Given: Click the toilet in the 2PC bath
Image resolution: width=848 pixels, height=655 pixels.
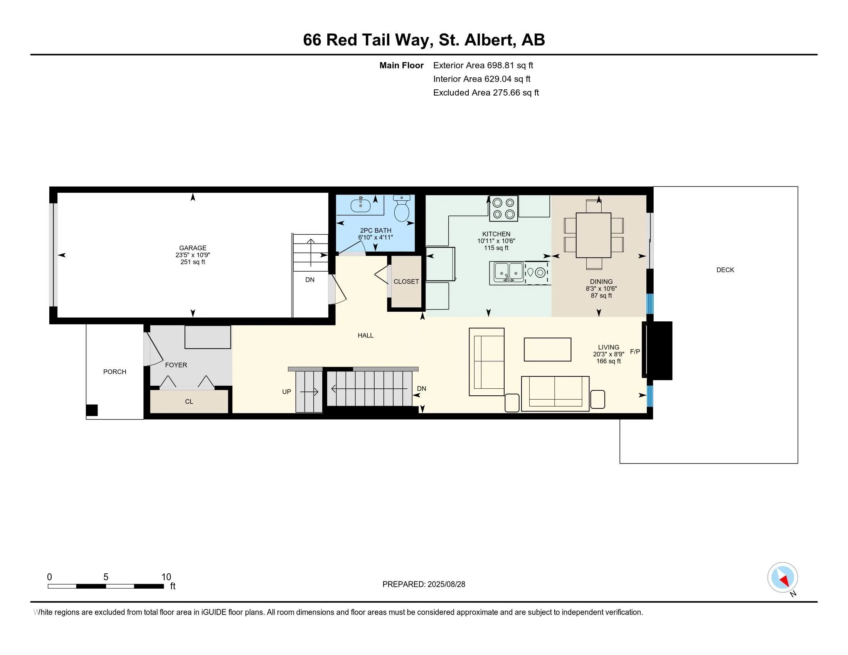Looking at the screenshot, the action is (402, 209).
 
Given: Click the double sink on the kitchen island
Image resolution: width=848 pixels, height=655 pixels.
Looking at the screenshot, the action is (509, 272).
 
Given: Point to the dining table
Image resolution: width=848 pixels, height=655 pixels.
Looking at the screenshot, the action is (593, 235).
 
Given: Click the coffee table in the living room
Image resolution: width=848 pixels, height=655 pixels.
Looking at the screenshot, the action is (547, 349).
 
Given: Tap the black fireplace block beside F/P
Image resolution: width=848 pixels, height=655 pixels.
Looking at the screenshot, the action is (659, 350).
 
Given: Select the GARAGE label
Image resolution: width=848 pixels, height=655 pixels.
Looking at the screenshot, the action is (193, 248).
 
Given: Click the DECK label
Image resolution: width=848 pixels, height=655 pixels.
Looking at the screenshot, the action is (725, 270).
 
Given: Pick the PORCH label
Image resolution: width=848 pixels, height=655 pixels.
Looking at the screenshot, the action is (114, 372).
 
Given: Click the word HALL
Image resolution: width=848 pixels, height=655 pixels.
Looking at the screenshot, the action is (365, 335).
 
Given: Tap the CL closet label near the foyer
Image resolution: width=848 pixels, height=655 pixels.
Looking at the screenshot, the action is (189, 401).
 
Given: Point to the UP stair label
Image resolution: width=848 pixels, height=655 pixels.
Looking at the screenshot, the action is (286, 392).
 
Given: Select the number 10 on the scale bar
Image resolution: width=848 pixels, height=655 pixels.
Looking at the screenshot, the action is (166, 577).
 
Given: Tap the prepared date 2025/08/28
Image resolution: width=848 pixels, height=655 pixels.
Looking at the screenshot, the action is (446, 584).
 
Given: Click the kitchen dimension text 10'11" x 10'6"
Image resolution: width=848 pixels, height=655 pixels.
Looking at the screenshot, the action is (496, 241).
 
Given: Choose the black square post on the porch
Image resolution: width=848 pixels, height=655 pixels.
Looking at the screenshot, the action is (92, 410).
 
